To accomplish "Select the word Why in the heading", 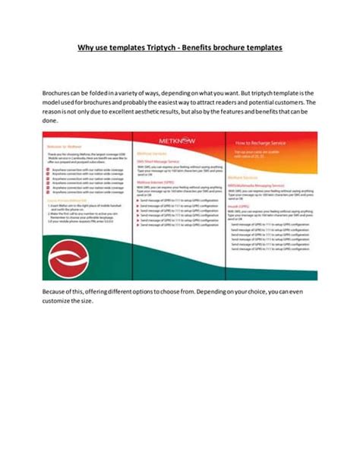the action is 85,48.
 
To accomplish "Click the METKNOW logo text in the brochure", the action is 180,138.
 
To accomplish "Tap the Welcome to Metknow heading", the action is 63,143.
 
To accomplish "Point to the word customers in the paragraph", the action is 285,101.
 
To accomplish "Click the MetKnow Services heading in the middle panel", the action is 150,155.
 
